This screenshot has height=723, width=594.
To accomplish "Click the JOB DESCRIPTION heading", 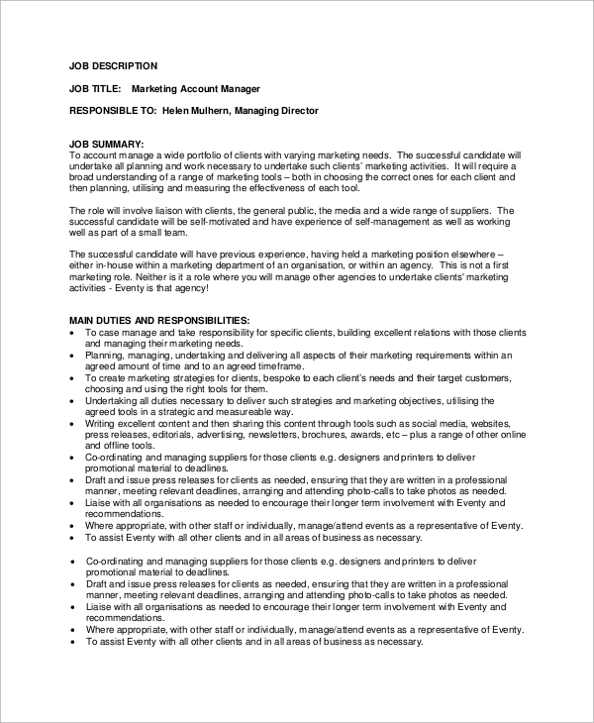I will (x=113, y=66).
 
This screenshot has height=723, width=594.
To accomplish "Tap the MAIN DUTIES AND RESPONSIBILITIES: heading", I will (x=159, y=322).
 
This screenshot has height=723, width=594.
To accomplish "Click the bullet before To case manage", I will (x=73, y=334).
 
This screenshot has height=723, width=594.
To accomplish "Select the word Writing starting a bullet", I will (x=101, y=422).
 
